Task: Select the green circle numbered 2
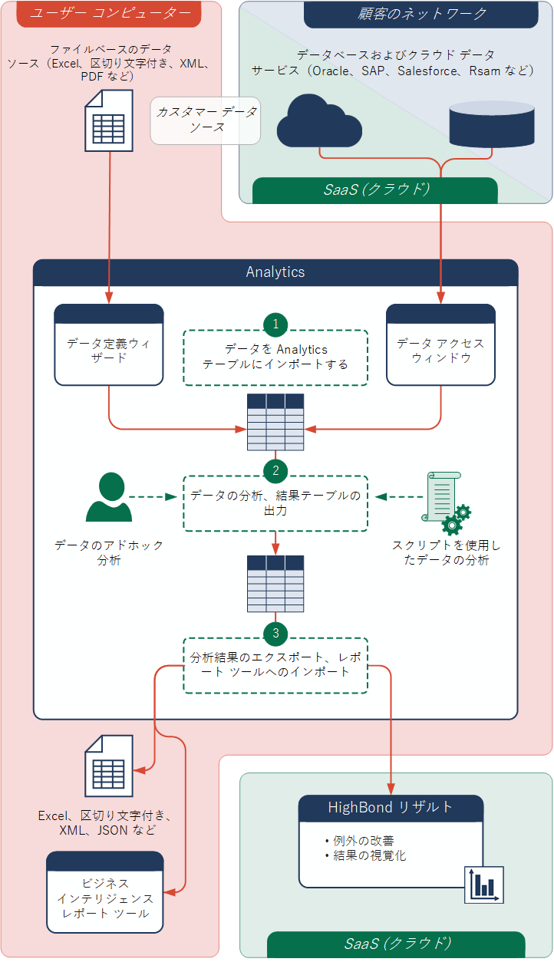(x=275, y=470)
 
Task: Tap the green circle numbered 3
(x=275, y=633)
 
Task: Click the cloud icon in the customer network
(x=318, y=120)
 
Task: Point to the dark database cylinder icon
(x=491, y=124)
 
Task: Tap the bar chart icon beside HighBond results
(x=483, y=885)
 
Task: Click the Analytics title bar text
(x=275, y=272)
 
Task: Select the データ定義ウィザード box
(x=109, y=351)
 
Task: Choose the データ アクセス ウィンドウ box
(x=440, y=351)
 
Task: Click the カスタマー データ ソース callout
(x=206, y=120)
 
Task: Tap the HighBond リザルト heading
(x=391, y=807)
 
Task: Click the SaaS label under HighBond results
(x=396, y=943)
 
